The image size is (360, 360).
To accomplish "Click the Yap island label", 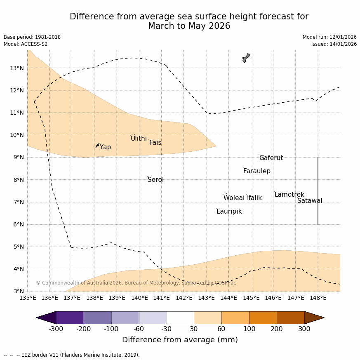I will [105, 147].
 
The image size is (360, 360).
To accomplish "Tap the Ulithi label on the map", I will [139, 139].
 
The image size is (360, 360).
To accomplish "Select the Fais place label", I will [155, 143].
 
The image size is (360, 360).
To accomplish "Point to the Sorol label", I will [155, 180].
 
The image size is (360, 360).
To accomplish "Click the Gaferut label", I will [271, 158].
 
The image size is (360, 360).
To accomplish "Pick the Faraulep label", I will [256, 171].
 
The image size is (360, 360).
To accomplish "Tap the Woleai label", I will [234, 198].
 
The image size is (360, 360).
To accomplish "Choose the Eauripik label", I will [229, 212].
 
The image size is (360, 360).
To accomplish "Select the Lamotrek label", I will [289, 195].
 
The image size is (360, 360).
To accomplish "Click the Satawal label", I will [310, 201].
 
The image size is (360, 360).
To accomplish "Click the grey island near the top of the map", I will [246, 58].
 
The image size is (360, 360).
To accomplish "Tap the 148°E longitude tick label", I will [318, 298].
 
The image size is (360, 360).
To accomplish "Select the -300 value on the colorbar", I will [56, 329].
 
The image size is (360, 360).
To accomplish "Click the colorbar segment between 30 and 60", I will [207, 318].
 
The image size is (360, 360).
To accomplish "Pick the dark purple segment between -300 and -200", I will [70, 318].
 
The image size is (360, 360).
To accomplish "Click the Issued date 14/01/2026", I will [334, 44].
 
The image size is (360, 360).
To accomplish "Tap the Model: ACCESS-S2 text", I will [26, 44].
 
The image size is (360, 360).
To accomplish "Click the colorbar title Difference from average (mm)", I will [180, 340].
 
